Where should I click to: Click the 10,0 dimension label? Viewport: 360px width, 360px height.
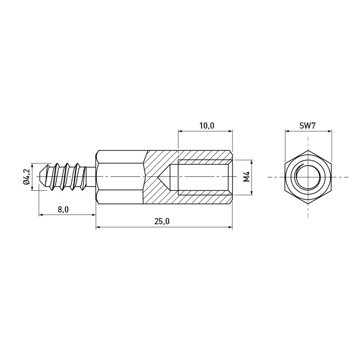[x=207, y=125]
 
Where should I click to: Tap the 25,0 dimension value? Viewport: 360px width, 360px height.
[x=162, y=221]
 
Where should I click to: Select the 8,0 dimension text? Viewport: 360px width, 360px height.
[x=63, y=209]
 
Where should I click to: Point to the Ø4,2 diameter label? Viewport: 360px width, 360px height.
[x=27, y=177]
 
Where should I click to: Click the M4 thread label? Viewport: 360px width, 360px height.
[x=246, y=177]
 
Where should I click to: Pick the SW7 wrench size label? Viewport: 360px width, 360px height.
[x=308, y=125]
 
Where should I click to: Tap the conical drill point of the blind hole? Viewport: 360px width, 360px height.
[x=158, y=177]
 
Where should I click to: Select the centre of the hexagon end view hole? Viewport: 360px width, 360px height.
[x=308, y=177]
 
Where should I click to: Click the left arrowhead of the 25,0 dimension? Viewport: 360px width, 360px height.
[x=98, y=227]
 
